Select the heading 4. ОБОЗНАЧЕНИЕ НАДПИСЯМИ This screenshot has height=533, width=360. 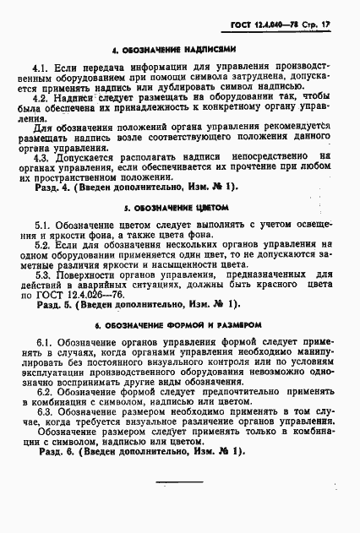tap(180, 49)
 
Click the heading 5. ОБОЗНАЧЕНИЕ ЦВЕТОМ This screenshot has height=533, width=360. tap(179, 206)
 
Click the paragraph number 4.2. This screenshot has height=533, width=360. tap(41, 97)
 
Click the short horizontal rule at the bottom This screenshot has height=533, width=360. tap(180, 481)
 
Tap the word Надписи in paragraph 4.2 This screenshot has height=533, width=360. tap(77, 97)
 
